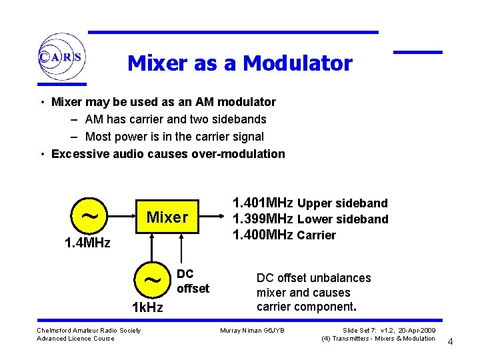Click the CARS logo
(61, 57)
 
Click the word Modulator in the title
(297, 63)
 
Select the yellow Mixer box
(167, 217)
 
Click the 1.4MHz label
(87, 243)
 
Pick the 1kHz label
(147, 307)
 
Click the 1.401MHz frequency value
(263, 203)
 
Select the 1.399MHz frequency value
(263, 219)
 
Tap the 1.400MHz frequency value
(263, 235)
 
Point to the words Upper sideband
(342, 203)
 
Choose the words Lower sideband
(343, 219)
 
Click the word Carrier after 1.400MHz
(317, 235)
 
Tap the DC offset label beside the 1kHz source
(193, 281)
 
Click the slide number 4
(450, 342)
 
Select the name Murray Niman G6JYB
(252, 331)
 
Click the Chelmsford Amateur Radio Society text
(89, 331)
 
